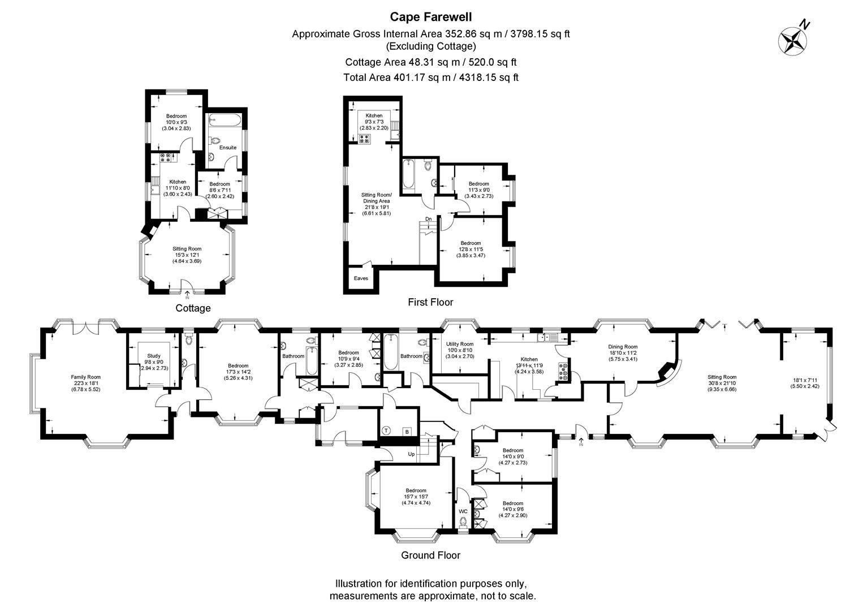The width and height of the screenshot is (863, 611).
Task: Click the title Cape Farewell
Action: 430,17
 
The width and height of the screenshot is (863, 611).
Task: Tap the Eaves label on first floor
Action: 361,278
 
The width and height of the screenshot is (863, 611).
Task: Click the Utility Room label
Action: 459,344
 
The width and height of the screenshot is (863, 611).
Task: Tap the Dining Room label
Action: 623,347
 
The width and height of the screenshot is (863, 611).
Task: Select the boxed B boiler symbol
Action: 406,432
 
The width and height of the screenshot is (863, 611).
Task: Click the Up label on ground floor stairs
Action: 412,454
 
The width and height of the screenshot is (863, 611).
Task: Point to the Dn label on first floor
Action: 429,219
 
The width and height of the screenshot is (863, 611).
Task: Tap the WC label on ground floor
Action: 463,511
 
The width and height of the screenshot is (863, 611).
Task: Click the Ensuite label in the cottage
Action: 228,148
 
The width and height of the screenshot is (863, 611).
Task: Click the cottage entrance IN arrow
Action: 187,295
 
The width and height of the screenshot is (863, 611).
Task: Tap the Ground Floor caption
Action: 430,555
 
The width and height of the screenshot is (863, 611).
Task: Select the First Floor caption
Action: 430,303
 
